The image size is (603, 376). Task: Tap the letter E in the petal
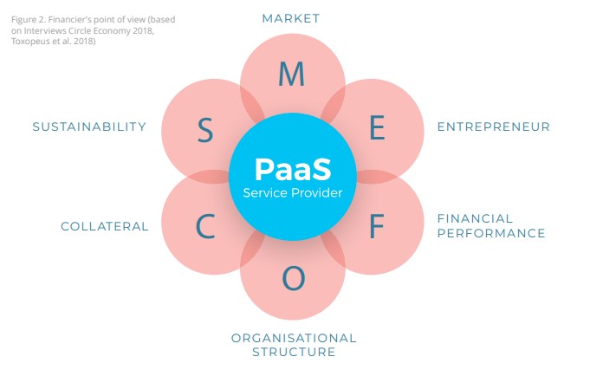pyautogui.click(x=377, y=128)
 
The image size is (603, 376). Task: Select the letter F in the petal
pyautogui.click(x=376, y=226)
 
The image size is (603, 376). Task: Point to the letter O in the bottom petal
pyautogui.click(x=294, y=279)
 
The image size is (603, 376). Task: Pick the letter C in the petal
pyautogui.click(x=205, y=227)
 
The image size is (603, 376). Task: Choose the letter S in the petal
pyautogui.click(x=204, y=131)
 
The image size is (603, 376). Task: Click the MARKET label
pyautogui.click(x=291, y=18)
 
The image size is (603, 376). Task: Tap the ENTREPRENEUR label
pyautogui.click(x=493, y=126)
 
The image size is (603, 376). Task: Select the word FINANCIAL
pyautogui.click(x=475, y=218)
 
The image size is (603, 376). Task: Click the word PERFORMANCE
pyautogui.click(x=491, y=233)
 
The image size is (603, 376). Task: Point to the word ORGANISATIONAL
pyautogui.click(x=294, y=338)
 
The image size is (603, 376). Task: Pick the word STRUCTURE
pyautogui.click(x=294, y=352)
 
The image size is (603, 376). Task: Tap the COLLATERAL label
pyautogui.click(x=105, y=226)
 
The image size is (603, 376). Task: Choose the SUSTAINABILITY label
pyautogui.click(x=89, y=126)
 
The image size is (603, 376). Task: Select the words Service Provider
pyautogui.click(x=293, y=192)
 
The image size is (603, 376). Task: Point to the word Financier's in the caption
pyautogui.click(x=79, y=18)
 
